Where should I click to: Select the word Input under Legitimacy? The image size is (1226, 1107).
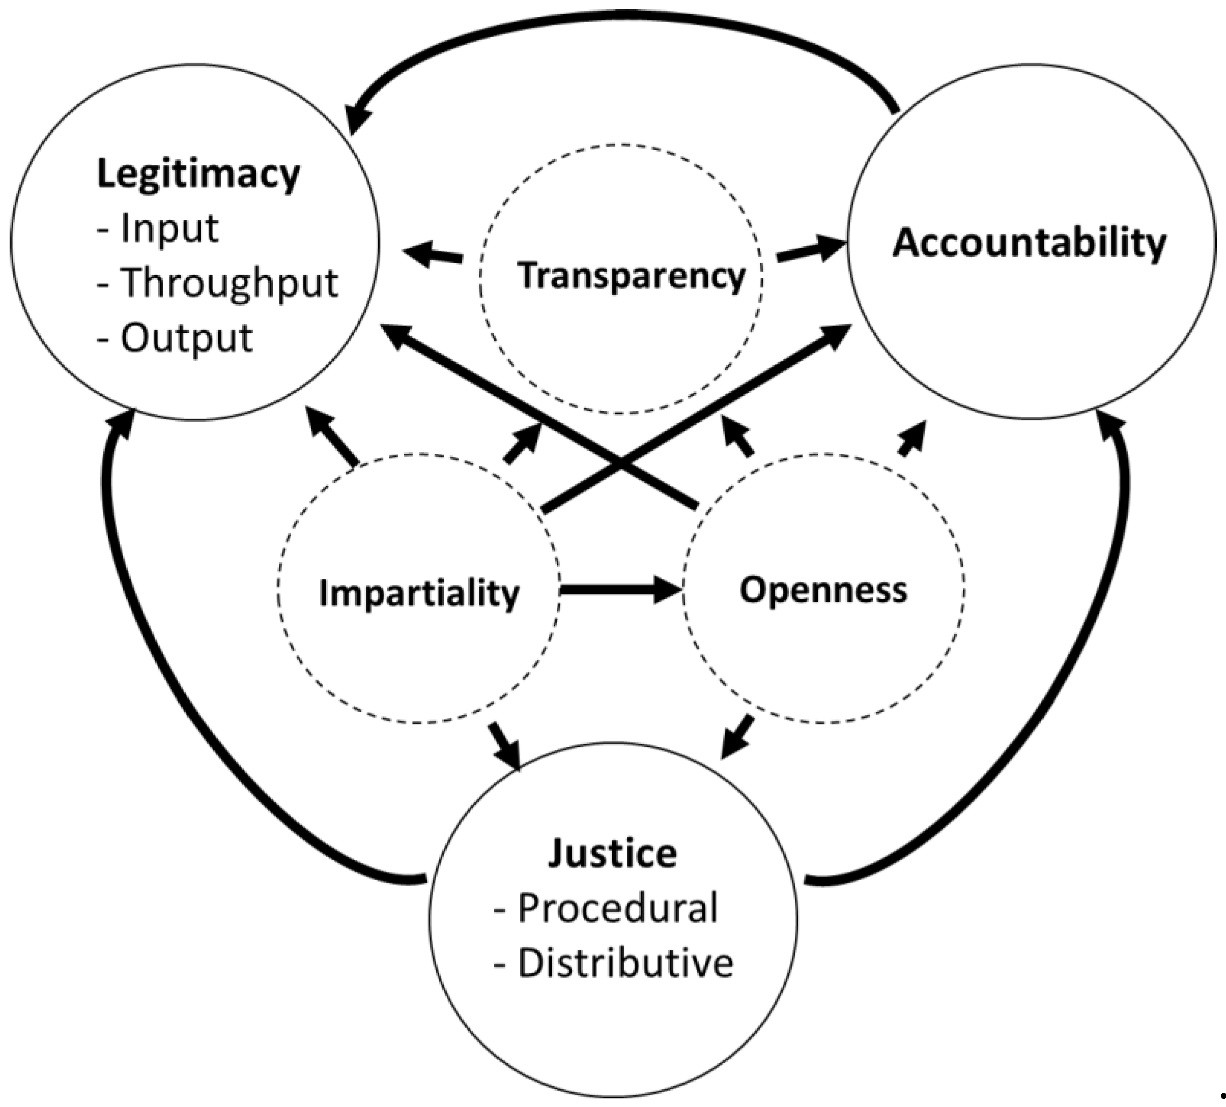169,228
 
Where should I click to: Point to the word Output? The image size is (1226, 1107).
186,338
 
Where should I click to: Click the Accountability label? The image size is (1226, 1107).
1029,243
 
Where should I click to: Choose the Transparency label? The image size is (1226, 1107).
631,275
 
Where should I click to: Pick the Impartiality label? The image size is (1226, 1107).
419,593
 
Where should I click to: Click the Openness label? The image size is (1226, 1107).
823,590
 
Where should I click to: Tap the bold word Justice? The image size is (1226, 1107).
612,853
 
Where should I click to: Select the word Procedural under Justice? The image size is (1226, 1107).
617,908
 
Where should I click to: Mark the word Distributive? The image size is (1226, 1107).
625,963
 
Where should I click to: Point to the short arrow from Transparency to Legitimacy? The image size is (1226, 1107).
433,254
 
